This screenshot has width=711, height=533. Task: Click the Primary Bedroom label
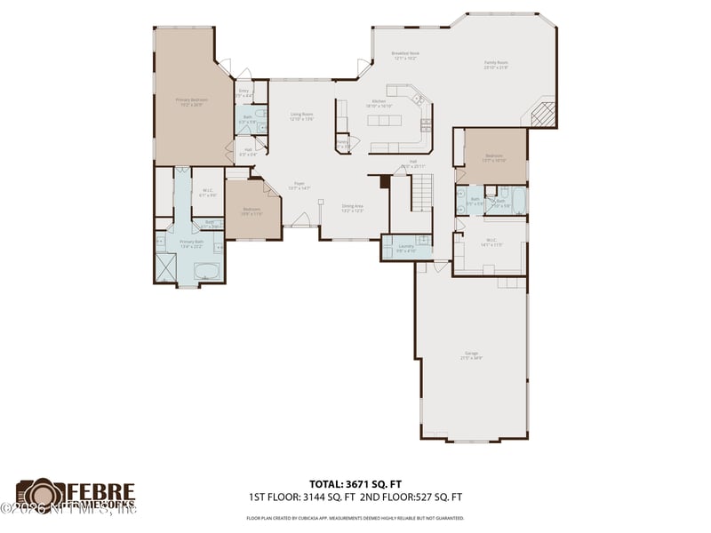click(192, 101)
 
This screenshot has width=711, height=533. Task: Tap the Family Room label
click(495, 65)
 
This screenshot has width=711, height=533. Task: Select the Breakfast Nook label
click(406, 55)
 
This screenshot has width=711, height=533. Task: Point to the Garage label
click(471, 357)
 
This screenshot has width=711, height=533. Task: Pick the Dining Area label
click(353, 208)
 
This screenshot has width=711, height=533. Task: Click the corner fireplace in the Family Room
click(542, 114)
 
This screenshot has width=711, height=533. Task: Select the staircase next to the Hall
click(424, 191)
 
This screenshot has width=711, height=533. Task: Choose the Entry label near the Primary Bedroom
click(244, 91)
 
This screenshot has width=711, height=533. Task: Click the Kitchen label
click(380, 104)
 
